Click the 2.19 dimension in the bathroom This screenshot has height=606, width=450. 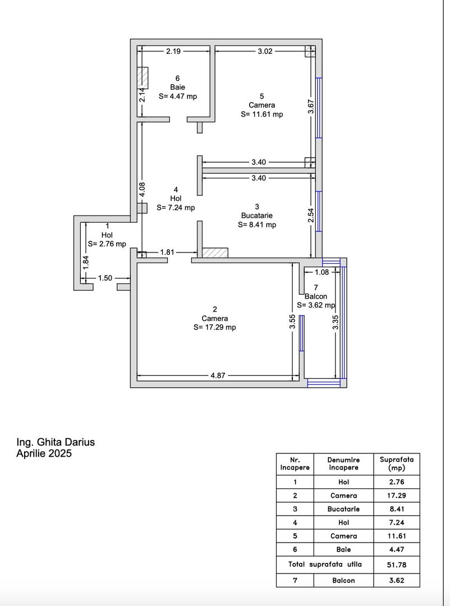point(173,52)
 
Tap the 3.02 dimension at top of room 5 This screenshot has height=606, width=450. point(265,52)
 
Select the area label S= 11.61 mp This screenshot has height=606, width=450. point(261,114)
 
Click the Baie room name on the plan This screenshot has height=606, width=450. point(177,87)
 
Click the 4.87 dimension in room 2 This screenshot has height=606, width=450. point(218,376)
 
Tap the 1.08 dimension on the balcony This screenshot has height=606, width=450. point(322,273)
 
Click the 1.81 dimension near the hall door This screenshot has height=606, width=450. point(167,252)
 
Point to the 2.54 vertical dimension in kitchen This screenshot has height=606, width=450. point(311,215)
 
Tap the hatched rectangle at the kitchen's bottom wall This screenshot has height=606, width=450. point(215,253)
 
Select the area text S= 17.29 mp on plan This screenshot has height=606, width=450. point(214,327)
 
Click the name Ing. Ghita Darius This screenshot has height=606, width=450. point(56,442)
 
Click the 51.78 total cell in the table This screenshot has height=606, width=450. point(396,564)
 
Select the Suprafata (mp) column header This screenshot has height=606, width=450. point(396,463)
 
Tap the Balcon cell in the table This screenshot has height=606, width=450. point(343,580)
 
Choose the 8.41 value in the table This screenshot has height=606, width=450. point(396,509)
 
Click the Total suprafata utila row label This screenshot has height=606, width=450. point(325,564)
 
